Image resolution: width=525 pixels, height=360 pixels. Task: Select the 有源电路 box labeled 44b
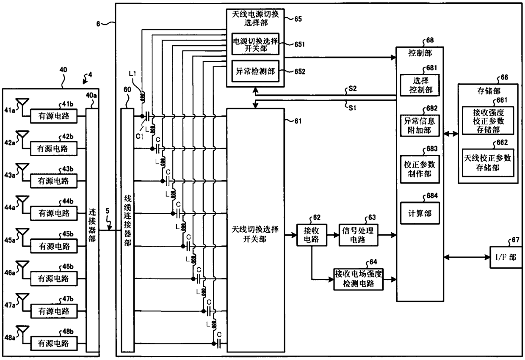coord(54,213)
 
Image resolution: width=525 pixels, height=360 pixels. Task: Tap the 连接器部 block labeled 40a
coord(92,230)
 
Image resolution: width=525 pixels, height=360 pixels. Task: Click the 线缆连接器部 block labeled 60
coord(127,230)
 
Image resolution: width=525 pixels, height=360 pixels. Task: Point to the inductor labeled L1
coord(142,97)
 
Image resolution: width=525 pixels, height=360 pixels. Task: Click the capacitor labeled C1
coord(147,116)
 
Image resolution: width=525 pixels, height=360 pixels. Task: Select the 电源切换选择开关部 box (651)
coord(255,44)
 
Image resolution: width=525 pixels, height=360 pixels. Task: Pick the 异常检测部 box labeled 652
coord(255,71)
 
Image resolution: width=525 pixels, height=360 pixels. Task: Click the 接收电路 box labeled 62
coord(312,235)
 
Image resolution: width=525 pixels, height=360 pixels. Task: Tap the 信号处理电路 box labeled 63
coord(358,235)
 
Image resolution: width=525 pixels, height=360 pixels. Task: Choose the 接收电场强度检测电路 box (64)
coord(358,279)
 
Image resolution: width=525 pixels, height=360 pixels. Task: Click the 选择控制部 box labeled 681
coord(420,85)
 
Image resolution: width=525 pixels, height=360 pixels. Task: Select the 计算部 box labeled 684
coord(420,213)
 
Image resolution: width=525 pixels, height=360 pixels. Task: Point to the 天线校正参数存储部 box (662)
coord(488,163)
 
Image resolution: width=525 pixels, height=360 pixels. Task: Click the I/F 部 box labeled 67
coord(506,257)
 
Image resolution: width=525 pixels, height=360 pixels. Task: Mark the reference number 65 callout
coord(298,19)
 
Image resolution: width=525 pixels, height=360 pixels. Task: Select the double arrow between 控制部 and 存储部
coord(451,134)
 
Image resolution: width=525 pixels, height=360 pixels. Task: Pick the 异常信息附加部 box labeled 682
coord(420,126)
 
